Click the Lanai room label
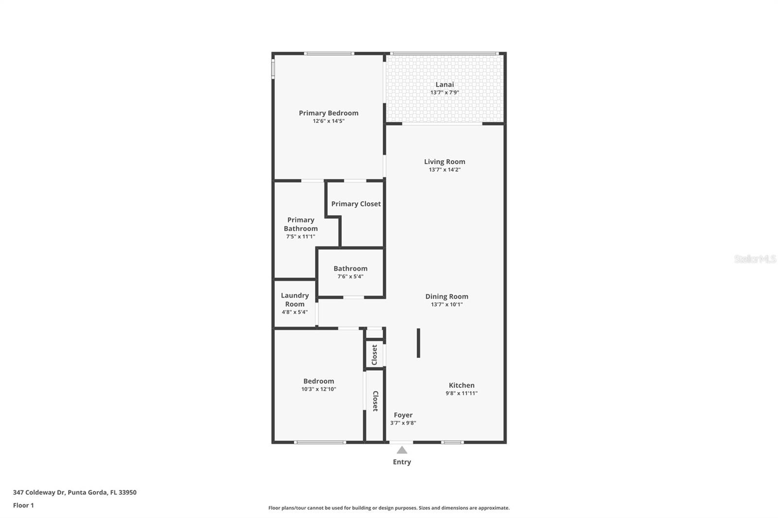pyautogui.click(x=444, y=85)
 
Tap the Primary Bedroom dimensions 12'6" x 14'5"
pyautogui.click(x=329, y=121)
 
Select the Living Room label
pyautogui.click(x=444, y=162)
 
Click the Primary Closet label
pyautogui.click(x=356, y=204)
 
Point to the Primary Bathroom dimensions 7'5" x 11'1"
pyautogui.click(x=301, y=237)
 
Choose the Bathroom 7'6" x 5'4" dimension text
pyautogui.click(x=350, y=276)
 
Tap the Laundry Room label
pyautogui.click(x=295, y=300)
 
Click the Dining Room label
pyautogui.click(x=446, y=296)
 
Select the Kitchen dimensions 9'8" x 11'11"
pyautogui.click(x=461, y=394)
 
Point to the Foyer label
pyautogui.click(x=403, y=415)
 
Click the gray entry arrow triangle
pyautogui.click(x=402, y=450)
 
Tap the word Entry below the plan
pyautogui.click(x=402, y=462)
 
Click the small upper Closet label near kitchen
pyautogui.click(x=374, y=355)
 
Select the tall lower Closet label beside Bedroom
pyautogui.click(x=375, y=401)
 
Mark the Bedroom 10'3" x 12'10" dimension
pyautogui.click(x=318, y=389)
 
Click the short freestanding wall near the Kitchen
pyautogui.click(x=418, y=343)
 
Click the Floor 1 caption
pyautogui.click(x=23, y=505)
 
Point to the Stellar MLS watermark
pyautogui.click(x=755, y=259)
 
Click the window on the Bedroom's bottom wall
pyautogui.click(x=320, y=442)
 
